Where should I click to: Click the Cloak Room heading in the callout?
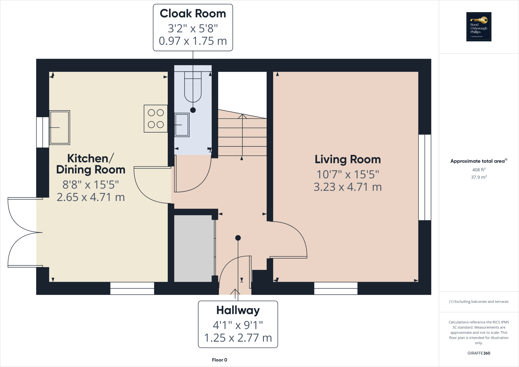click(x=193, y=14)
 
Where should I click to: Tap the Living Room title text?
click(x=348, y=160)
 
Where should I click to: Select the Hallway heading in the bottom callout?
click(x=238, y=310)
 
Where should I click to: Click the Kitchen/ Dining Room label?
click(x=90, y=164)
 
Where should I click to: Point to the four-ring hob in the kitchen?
click(x=156, y=119)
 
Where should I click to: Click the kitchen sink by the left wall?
click(x=60, y=127)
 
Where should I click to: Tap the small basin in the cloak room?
click(x=182, y=125)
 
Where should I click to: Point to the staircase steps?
click(x=242, y=137)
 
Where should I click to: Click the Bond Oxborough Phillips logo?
click(x=479, y=27)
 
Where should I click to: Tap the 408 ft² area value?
click(x=479, y=170)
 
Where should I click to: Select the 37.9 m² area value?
click(x=479, y=177)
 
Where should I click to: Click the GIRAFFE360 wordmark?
click(x=479, y=353)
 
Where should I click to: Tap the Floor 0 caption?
click(x=219, y=360)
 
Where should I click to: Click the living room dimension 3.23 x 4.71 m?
click(x=348, y=187)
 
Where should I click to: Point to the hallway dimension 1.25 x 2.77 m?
click(x=238, y=338)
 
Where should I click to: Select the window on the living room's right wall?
click(x=425, y=177)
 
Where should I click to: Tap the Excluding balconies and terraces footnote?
click(x=479, y=302)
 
